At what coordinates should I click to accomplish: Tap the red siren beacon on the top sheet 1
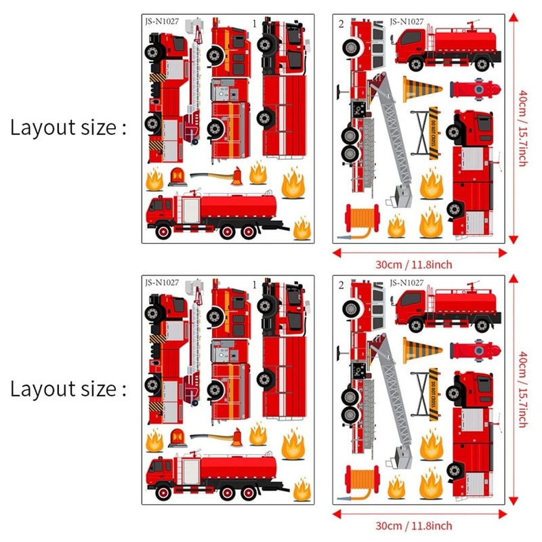pos(178,175)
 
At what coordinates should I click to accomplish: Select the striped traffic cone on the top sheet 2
pos(421,89)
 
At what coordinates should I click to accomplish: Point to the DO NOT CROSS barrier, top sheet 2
pos(431,133)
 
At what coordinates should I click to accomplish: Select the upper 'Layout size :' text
pos(68,127)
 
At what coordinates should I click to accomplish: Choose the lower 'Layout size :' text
pos(68,389)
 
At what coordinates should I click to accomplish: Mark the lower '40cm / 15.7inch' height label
pos(522,390)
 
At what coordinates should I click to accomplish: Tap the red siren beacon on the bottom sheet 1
pos(178,437)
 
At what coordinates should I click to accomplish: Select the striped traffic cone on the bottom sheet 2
pos(421,350)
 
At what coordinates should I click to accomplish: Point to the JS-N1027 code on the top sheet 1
pos(163,21)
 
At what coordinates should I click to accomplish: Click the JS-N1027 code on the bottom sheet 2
pos(406,283)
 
